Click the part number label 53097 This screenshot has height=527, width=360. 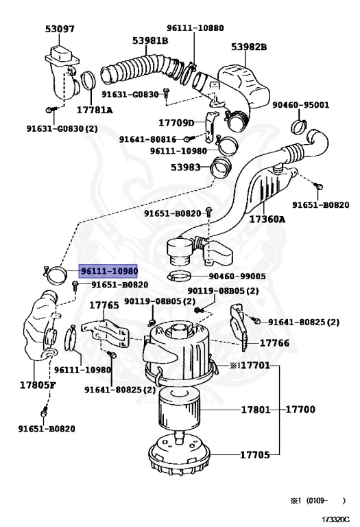click(60, 30)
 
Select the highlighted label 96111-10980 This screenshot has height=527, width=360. click(109, 272)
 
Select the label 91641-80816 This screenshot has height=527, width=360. click(147, 139)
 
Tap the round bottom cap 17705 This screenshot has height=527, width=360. click(180, 456)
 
